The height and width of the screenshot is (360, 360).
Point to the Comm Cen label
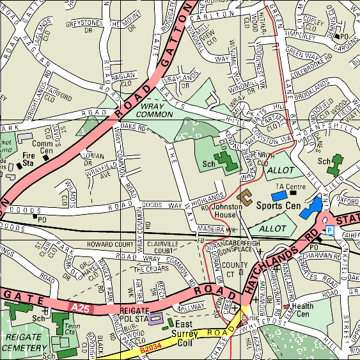point(42,148)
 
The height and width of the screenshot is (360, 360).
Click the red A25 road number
point(80,309)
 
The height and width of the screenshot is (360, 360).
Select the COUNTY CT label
point(235,269)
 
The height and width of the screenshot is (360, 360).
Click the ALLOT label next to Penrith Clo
point(280,172)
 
